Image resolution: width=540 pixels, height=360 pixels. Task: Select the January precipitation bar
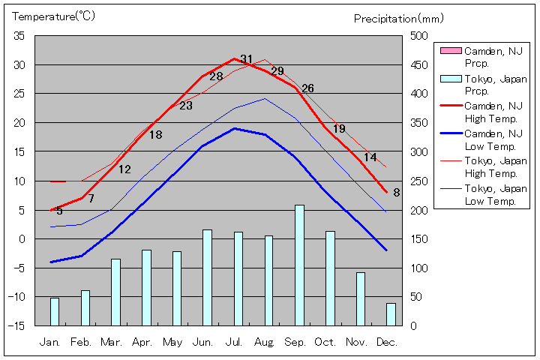(54, 311)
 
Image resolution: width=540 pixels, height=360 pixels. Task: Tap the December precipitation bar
(391, 314)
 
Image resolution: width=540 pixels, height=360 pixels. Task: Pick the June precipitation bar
(207, 277)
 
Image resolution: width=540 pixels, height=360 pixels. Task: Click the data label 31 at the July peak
(247, 59)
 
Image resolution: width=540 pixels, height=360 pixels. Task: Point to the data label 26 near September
(307, 88)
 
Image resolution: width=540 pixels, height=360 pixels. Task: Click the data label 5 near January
(59, 211)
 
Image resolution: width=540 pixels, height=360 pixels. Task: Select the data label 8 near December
(396, 192)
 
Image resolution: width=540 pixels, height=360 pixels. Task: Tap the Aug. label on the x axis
(264, 342)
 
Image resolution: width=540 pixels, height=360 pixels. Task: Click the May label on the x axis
(172, 342)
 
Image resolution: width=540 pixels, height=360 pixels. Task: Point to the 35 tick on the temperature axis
(19, 36)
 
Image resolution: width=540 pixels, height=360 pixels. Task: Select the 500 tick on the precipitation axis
(418, 36)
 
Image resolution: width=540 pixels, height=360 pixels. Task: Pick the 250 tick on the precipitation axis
(418, 181)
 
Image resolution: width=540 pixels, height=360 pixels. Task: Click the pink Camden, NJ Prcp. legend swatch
(450, 51)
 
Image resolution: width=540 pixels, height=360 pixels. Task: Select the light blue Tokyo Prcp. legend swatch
(450, 79)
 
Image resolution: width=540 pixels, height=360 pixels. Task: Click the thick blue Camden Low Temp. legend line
(450, 134)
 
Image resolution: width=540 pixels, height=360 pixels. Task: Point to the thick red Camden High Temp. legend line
(450, 106)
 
